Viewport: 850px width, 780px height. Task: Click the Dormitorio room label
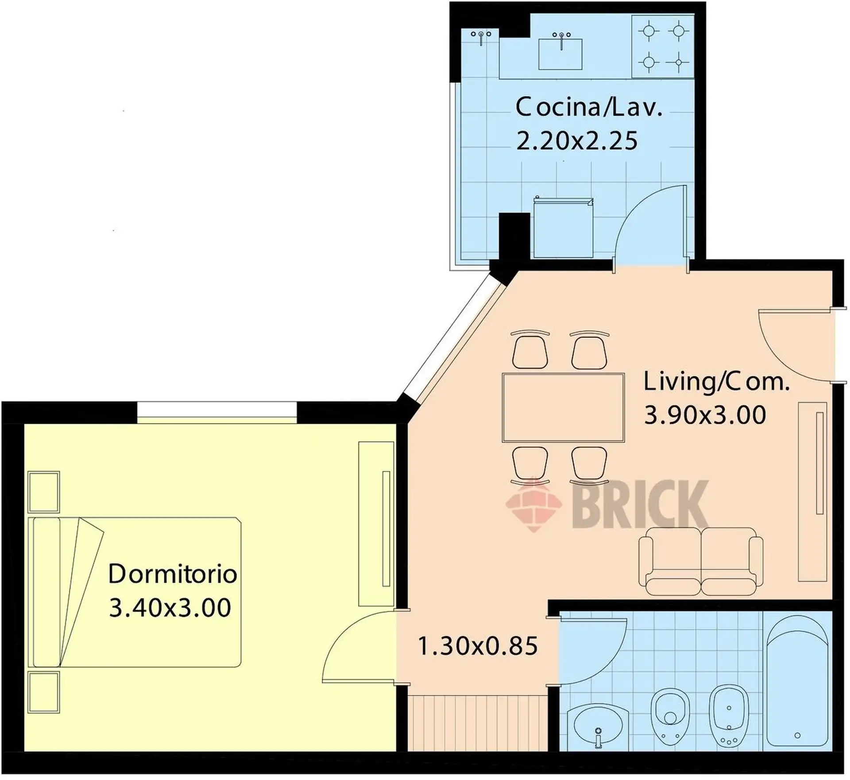[173, 574]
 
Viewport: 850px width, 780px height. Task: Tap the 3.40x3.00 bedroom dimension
[170, 607]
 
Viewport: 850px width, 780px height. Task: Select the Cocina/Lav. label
[589, 108]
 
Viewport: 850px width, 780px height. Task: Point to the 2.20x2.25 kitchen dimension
[577, 141]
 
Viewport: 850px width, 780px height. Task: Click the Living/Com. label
[716, 382]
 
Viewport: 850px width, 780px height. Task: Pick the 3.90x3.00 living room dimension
[705, 415]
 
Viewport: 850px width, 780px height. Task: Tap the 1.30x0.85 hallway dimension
[478, 646]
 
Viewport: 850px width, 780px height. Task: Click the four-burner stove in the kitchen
[663, 47]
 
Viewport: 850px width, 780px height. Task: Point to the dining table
[564, 408]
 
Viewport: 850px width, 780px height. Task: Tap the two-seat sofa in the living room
[701, 562]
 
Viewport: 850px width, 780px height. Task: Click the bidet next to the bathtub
[729, 717]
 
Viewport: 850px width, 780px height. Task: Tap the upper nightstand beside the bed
[44, 492]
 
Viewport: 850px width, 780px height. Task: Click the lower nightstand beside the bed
[44, 692]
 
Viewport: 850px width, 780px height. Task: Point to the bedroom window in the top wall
[217, 412]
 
